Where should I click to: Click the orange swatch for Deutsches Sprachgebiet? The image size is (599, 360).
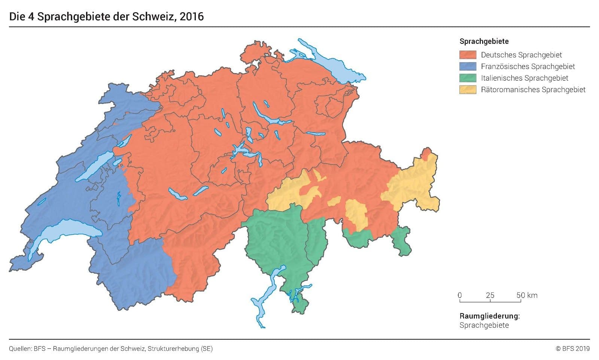point(468,55)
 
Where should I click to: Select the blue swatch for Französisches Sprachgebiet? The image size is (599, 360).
point(468,66)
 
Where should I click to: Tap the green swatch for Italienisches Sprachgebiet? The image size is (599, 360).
point(468,78)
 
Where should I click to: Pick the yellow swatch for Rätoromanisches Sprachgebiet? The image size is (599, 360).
point(468,90)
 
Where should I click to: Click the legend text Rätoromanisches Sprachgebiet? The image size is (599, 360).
point(533,90)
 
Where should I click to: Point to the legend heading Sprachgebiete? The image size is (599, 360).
point(484,41)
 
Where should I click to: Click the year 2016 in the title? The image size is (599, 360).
point(191,16)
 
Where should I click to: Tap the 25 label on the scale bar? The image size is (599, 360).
point(490,295)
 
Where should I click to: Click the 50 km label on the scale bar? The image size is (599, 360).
point(527,295)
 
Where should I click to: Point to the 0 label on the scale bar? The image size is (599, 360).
point(460,295)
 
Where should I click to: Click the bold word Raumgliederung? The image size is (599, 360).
point(489,316)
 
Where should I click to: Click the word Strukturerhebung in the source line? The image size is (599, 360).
point(173,349)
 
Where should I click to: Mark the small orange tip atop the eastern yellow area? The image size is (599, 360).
point(426,153)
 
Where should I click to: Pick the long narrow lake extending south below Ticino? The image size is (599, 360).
point(262,300)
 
